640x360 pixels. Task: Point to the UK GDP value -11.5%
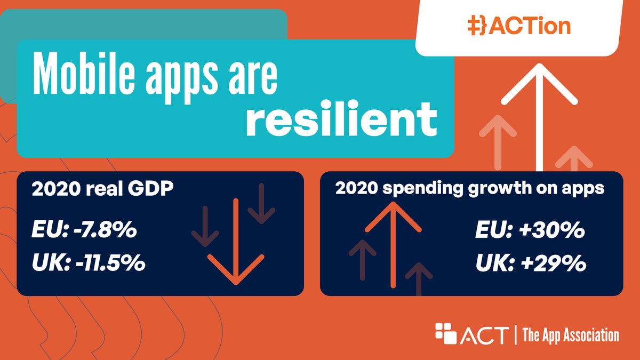point(115,263)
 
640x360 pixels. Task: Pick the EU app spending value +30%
point(551,233)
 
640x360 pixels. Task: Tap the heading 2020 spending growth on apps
point(469,189)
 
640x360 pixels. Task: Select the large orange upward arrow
point(393,240)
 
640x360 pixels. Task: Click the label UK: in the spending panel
point(492,263)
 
